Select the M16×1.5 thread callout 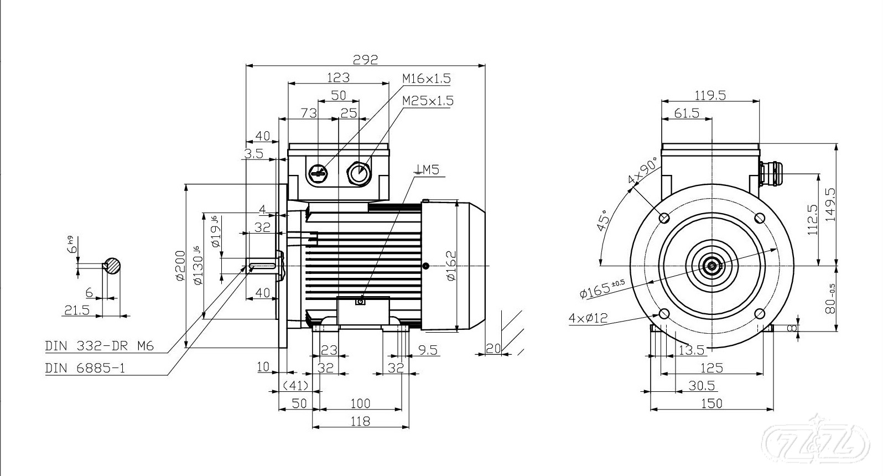click(x=426, y=79)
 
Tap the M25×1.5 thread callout click(x=427, y=101)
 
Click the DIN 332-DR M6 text click(x=99, y=346)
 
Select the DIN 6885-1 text click(x=85, y=368)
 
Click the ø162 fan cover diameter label click(x=451, y=266)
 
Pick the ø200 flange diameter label click(x=180, y=266)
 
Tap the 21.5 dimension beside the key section click(x=77, y=310)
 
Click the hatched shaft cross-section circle click(x=113, y=266)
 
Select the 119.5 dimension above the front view click(x=710, y=95)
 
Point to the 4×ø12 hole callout click(x=588, y=318)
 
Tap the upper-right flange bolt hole click(x=760, y=218)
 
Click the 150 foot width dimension click(x=711, y=403)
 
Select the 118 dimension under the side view click(x=360, y=421)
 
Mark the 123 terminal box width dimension click(x=338, y=77)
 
